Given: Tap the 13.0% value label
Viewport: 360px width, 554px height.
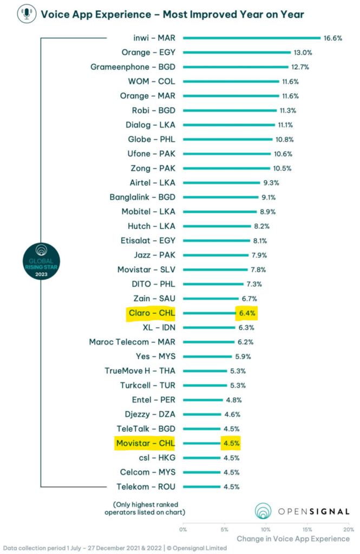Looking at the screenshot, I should (x=303, y=52).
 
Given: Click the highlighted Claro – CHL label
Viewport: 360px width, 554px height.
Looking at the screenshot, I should (x=148, y=313).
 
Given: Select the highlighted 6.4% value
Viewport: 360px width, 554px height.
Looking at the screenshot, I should (x=245, y=313).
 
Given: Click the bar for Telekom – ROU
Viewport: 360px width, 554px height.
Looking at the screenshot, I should (x=201, y=486).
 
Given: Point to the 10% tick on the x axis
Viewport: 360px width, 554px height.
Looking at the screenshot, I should (x=266, y=529).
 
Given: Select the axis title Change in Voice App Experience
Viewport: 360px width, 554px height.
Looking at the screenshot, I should (x=293, y=539).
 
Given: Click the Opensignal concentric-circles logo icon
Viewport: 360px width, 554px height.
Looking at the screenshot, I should (x=264, y=511).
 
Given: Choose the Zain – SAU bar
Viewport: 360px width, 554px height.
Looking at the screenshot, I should (x=211, y=298).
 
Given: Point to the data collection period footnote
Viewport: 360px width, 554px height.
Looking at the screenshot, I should (x=114, y=548).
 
